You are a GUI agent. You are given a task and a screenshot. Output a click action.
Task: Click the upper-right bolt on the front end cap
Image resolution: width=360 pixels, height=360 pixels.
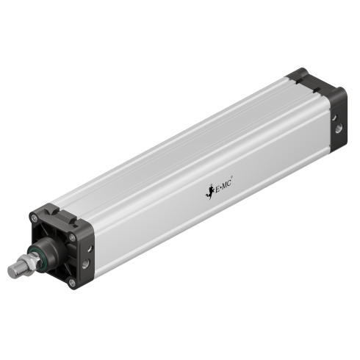pos(71,237)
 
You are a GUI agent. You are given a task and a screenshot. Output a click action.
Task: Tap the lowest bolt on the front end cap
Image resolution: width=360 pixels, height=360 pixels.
pos(71,281)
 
